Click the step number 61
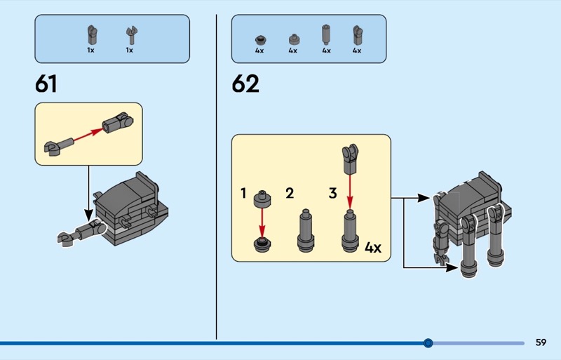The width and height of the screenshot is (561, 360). click(x=46, y=84)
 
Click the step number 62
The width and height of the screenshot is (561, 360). click(x=245, y=84)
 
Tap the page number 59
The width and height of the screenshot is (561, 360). click(x=541, y=342)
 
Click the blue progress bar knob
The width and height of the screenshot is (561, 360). click(x=428, y=343)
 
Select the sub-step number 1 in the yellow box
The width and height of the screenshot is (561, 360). click(x=243, y=194)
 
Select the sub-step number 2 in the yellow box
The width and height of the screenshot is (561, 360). click(x=290, y=194)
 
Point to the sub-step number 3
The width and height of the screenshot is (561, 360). click(x=332, y=194)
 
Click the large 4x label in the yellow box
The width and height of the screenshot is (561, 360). click(x=373, y=248)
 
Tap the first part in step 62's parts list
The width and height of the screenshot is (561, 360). click(x=259, y=39)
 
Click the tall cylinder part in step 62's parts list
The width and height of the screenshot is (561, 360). click(x=326, y=35)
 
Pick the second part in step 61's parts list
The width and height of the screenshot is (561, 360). click(x=132, y=36)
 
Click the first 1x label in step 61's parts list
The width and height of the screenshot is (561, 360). click(x=91, y=50)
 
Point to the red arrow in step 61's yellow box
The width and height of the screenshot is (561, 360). click(x=88, y=134)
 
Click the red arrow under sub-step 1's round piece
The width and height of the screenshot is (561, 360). click(x=262, y=223)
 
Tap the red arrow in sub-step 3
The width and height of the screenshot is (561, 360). click(x=349, y=192)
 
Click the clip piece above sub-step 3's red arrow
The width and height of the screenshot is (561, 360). click(x=350, y=159)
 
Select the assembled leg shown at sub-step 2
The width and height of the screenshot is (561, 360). click(x=306, y=231)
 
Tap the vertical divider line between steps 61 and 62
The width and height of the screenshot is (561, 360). click(x=216, y=177)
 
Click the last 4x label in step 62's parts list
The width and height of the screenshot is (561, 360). click(x=357, y=51)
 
